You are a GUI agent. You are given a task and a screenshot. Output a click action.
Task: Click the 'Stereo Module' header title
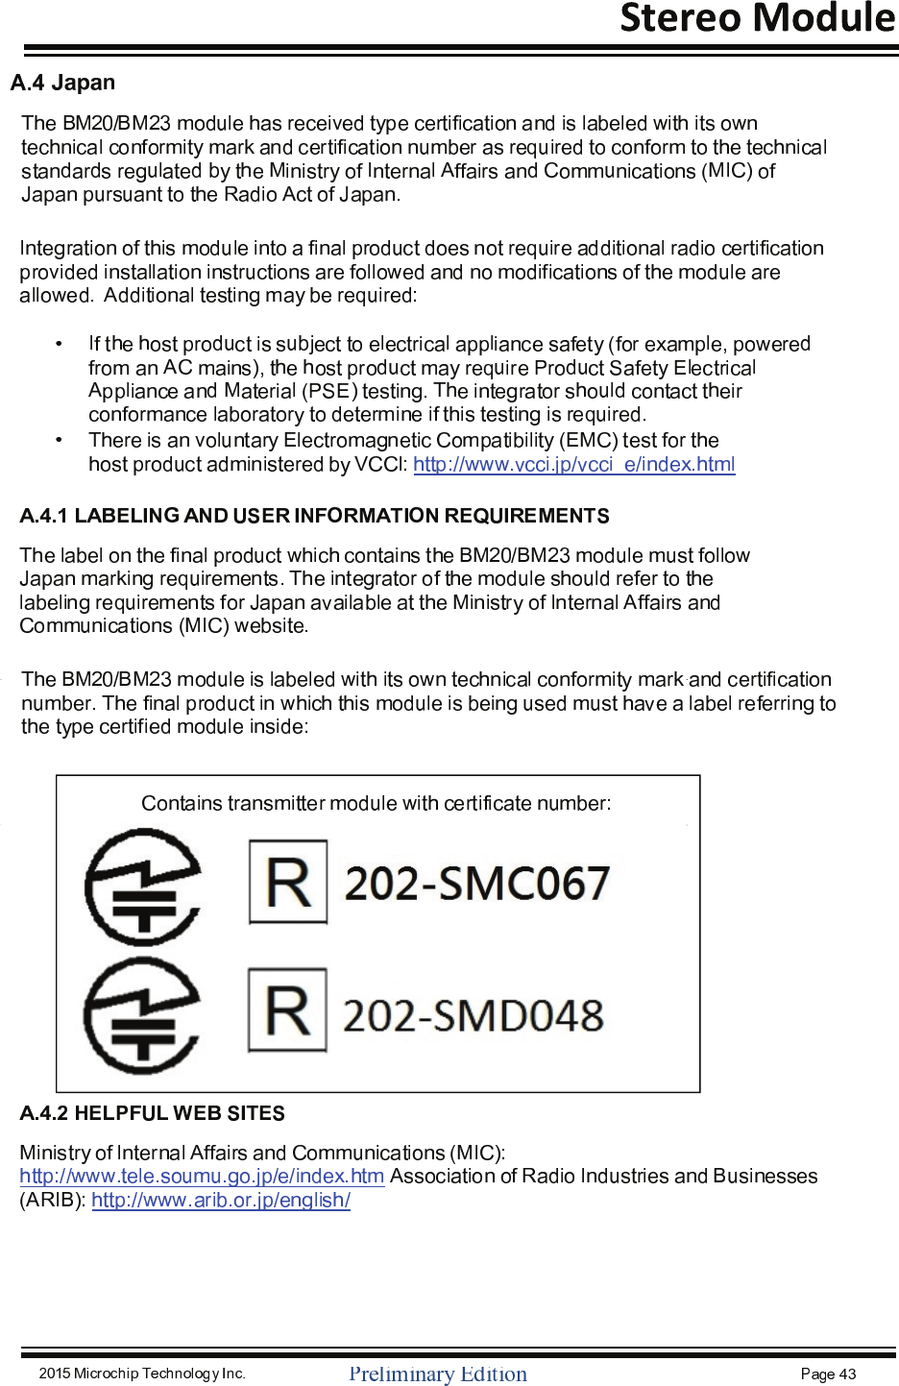coord(757,18)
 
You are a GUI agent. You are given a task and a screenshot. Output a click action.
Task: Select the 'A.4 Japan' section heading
coord(62,83)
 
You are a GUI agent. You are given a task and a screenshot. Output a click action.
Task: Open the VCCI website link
coord(573,465)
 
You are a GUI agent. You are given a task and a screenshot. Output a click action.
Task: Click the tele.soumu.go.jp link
coord(202,1177)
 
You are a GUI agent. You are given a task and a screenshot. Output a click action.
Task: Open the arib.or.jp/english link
coord(221,1201)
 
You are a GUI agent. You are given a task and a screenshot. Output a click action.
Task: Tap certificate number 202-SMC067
coord(477,884)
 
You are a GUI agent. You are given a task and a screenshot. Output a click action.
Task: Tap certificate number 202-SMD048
coord(474,1016)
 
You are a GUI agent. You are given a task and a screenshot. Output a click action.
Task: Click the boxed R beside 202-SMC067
coord(288,882)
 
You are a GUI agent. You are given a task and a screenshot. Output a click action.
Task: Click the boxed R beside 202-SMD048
coord(287,1010)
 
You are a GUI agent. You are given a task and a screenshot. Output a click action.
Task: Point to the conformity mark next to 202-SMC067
coord(144,887)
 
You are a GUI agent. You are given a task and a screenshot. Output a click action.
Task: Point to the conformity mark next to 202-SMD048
coord(142,1016)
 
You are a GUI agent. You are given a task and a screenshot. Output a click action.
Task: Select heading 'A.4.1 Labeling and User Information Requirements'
coord(314,516)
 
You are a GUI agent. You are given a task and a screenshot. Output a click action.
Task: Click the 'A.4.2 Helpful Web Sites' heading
coord(152,1113)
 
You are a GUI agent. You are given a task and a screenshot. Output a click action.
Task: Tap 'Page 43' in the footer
coord(828,1374)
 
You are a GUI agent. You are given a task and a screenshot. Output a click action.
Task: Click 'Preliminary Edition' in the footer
coord(438,1374)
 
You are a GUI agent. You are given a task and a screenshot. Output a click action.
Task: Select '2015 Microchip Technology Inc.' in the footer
coord(142,1374)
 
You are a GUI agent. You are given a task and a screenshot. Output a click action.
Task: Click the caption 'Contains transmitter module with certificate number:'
coord(377,803)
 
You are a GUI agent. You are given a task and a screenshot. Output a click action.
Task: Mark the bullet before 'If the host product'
coord(59,344)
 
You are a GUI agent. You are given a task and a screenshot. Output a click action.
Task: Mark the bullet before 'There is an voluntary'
coord(59,440)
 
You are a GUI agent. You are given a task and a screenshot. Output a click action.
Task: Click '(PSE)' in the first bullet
coord(329,392)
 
